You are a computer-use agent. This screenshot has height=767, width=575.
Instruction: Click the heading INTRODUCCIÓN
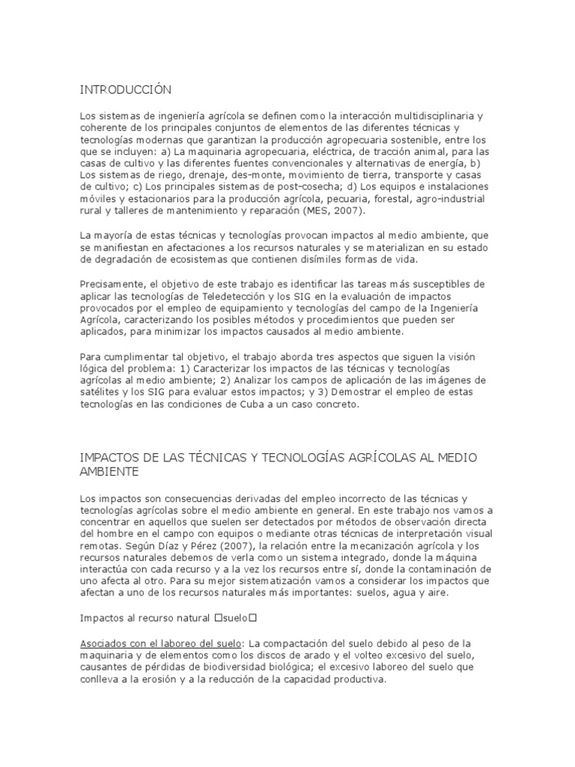[x=126, y=91]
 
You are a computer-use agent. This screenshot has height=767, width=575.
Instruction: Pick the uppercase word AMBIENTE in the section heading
[x=110, y=473]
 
